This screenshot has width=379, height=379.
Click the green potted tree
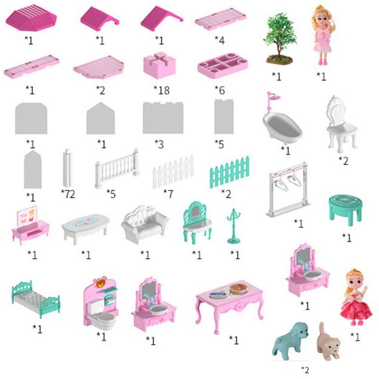tap(280, 39)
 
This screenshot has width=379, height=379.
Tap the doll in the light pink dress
tap(324, 35)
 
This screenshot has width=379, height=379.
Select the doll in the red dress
tap(356, 297)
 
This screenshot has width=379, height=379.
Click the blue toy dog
tap(290, 340)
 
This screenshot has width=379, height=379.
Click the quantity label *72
tap(68, 194)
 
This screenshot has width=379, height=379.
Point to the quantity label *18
tap(161, 90)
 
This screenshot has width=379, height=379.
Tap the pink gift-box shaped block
tap(159, 65)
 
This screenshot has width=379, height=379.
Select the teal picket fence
tap(229, 172)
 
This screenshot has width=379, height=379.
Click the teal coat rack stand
tap(233, 226)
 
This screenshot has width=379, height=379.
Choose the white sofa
tap(144, 224)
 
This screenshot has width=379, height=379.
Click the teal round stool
tap(346, 209)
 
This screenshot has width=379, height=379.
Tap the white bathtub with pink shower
tap(281, 119)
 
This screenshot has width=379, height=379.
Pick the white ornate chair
tap(341, 124)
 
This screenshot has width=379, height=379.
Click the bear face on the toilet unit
tap(100, 282)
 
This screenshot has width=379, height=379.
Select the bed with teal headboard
tap(36, 299)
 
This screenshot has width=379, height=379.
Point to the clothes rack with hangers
tap(288, 190)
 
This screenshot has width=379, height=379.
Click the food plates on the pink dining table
tap(229, 291)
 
